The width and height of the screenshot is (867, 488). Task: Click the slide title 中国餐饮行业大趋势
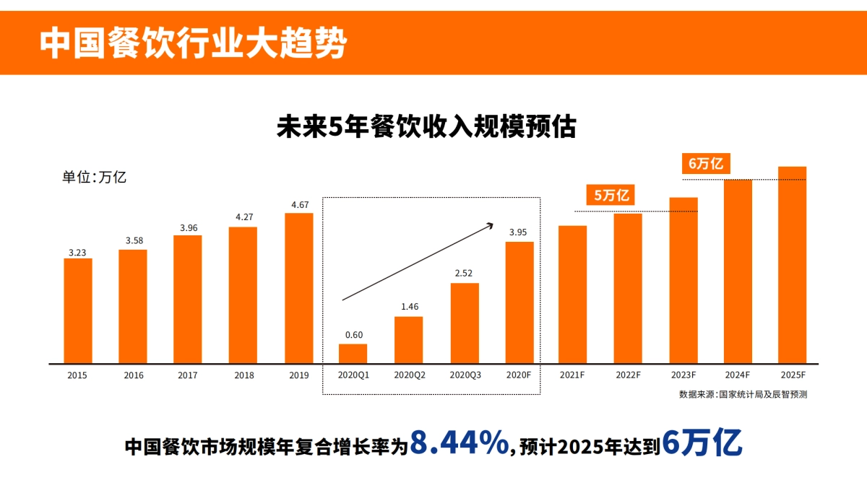tap(193, 43)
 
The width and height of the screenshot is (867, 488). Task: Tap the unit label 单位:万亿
tap(94, 178)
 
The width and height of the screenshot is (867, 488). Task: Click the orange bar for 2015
tap(78, 310)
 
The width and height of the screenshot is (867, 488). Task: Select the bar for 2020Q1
tap(353, 353)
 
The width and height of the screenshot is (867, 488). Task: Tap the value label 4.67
tap(299, 205)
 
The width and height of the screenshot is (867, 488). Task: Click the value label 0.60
tap(353, 335)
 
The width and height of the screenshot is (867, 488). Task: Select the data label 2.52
tap(465, 274)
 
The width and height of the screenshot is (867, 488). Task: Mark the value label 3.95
tap(519, 232)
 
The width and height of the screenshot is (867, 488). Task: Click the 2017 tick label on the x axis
tap(187, 375)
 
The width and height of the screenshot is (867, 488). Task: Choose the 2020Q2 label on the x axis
tap(410, 375)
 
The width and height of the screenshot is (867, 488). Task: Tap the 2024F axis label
tap(738, 375)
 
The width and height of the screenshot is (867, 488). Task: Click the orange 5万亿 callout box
tap(611, 195)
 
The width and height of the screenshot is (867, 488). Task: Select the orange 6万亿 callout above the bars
tap(705, 164)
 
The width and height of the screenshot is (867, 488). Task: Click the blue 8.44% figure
tap(459, 444)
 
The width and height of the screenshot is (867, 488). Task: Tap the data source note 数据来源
tap(743, 394)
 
